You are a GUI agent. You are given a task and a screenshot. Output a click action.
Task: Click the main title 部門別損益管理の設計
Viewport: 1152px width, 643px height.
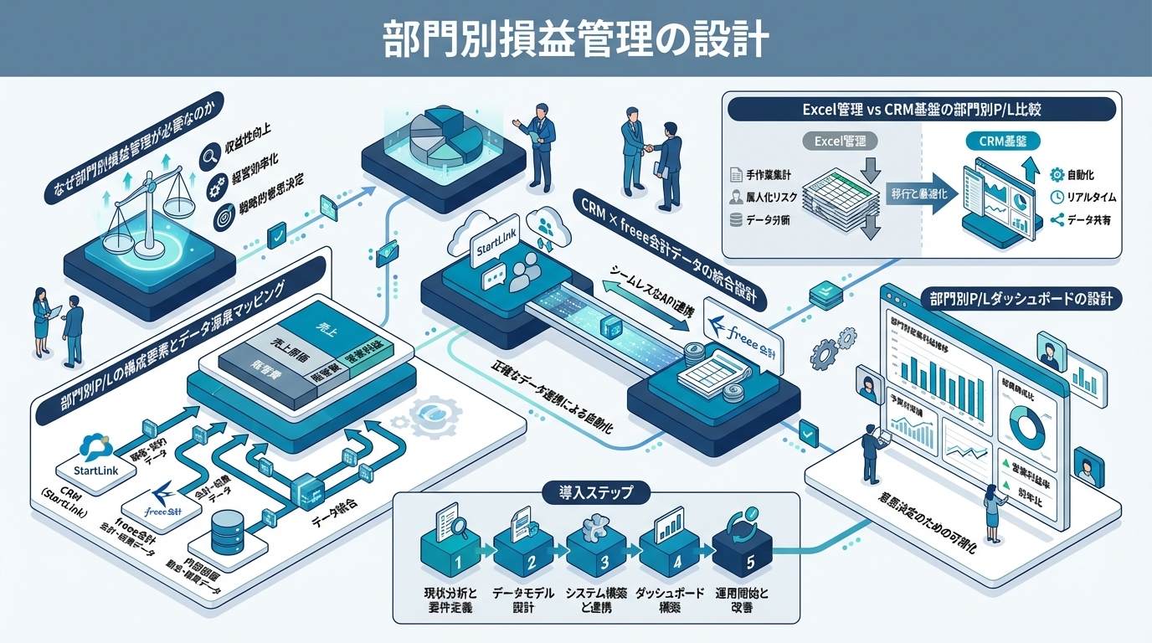tap(575, 39)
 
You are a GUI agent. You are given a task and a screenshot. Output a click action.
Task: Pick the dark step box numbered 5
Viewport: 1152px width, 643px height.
tap(741, 548)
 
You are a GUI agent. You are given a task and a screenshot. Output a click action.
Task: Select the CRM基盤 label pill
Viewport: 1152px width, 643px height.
tap(996, 141)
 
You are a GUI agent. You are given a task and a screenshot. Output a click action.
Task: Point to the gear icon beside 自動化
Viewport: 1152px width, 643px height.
tap(1056, 175)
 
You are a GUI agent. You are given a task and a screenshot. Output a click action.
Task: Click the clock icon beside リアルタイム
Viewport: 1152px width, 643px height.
tap(1056, 198)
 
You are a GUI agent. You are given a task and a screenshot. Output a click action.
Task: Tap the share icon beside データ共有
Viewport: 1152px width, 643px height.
tap(1056, 221)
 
